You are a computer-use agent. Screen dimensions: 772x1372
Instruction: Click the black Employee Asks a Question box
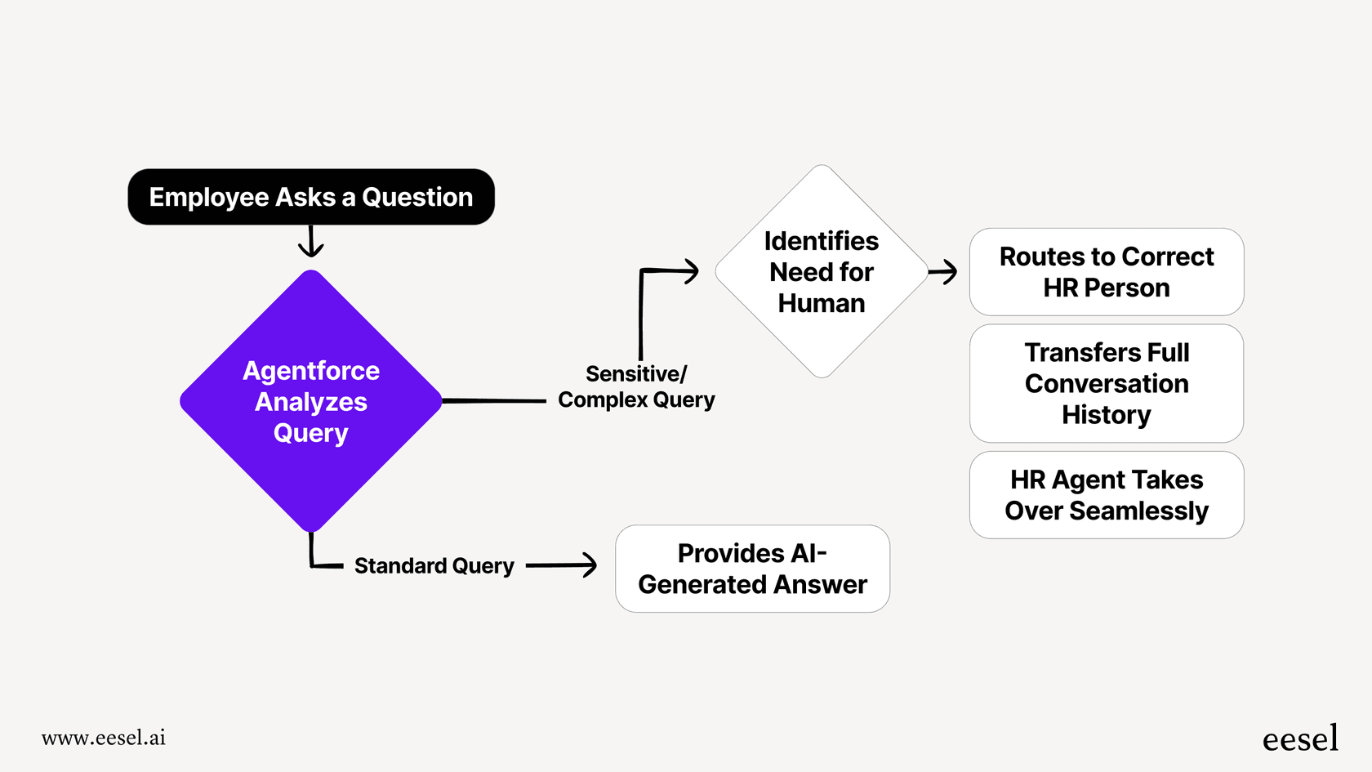[x=310, y=197]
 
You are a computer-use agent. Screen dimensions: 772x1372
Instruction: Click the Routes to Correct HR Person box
[x=1106, y=272]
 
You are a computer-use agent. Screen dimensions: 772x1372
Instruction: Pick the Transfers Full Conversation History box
[x=1106, y=383]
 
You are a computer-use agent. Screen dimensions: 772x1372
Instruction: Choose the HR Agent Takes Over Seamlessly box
[x=1106, y=495]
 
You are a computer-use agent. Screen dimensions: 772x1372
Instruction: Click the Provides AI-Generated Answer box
[x=752, y=569]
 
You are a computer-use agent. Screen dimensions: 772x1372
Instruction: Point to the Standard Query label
[x=434, y=565]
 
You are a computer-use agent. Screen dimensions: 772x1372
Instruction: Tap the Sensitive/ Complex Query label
[x=635, y=386]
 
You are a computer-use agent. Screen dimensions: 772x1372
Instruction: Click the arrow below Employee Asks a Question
[x=310, y=242]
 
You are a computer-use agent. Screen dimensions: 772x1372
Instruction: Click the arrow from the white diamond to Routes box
[x=944, y=271]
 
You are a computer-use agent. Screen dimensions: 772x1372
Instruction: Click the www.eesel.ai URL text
[x=103, y=738]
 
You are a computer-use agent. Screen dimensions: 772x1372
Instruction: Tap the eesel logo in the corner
[x=1299, y=739]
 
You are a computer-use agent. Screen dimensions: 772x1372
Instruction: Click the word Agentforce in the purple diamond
[x=310, y=371]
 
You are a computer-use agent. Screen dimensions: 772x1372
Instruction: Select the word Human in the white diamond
[x=821, y=303]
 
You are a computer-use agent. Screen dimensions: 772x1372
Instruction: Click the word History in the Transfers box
[x=1106, y=415]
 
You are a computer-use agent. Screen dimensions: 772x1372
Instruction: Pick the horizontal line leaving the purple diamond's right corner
[x=494, y=401]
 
